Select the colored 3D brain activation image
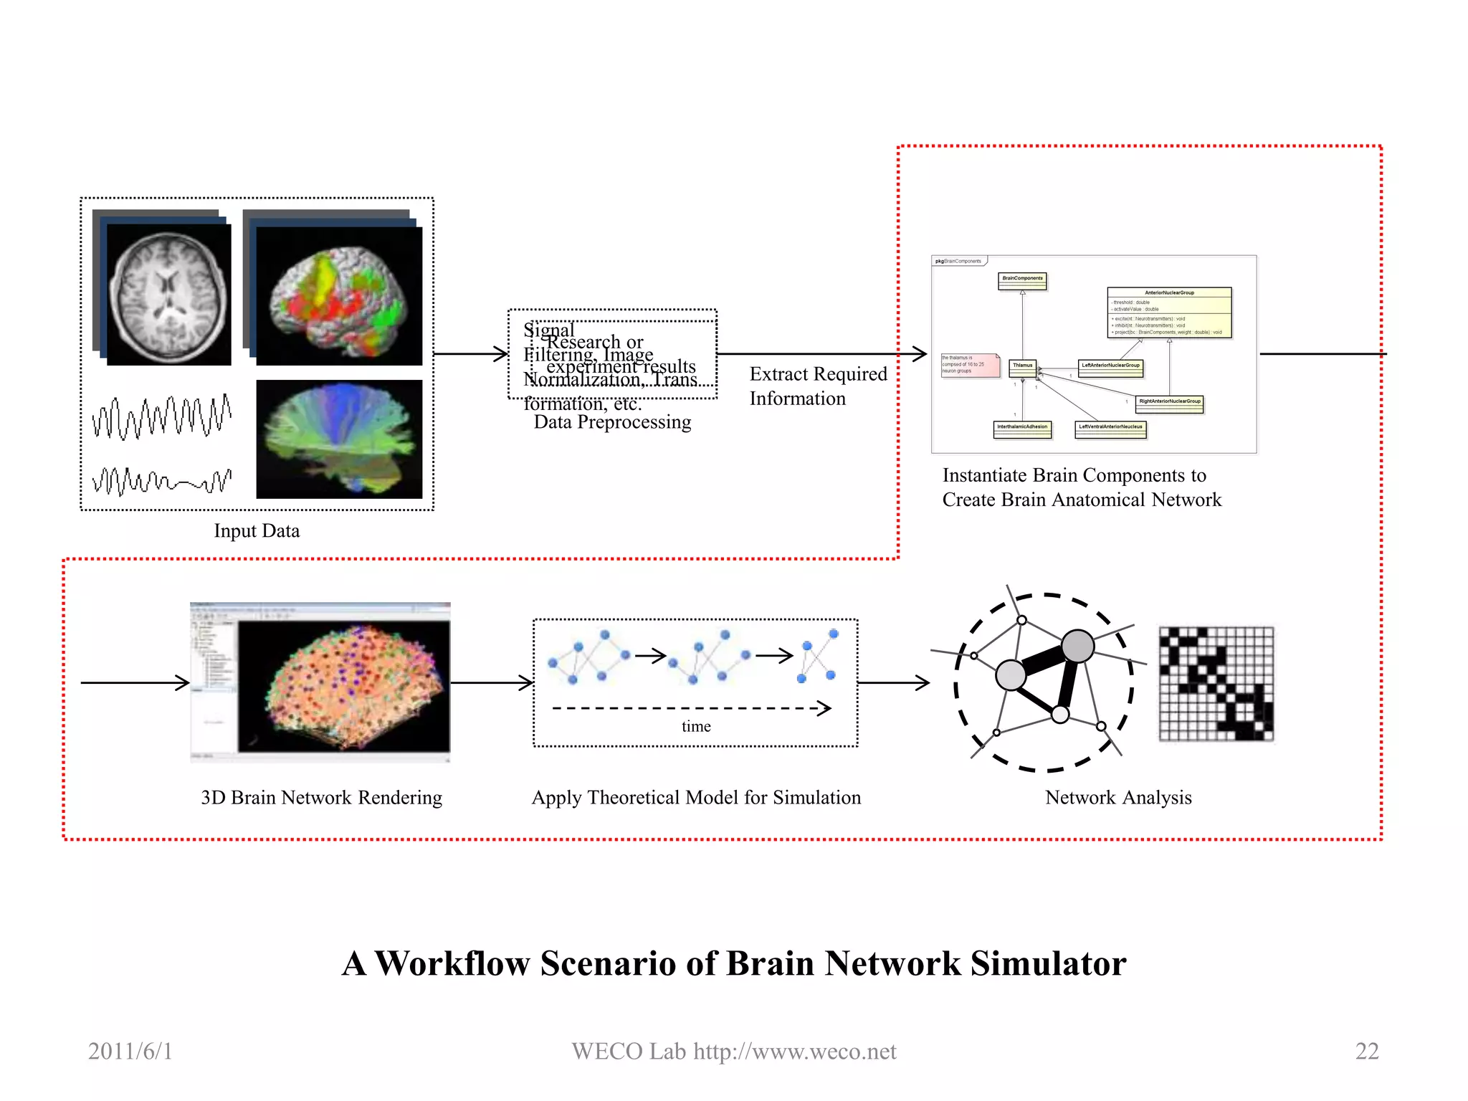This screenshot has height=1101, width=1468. click(338, 295)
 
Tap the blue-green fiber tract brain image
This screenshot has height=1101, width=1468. click(338, 439)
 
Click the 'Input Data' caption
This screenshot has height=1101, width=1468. click(257, 530)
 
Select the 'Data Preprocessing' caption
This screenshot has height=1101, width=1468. click(612, 422)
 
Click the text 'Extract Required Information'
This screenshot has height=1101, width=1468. click(817, 386)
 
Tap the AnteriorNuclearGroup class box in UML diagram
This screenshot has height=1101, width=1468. click(1169, 312)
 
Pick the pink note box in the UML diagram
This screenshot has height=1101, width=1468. click(970, 364)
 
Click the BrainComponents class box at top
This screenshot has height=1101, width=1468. click(1022, 280)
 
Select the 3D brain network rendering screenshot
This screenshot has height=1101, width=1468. click(320, 682)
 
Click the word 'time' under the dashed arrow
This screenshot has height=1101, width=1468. click(696, 726)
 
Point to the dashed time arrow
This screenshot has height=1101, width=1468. click(691, 708)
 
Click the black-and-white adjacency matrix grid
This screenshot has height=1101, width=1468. click(1216, 683)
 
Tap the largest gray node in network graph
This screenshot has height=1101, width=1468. click(1077, 646)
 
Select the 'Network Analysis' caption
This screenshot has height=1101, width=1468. click(1118, 797)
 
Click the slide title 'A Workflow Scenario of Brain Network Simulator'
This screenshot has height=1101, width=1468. click(734, 963)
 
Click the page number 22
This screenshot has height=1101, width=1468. click(1367, 1051)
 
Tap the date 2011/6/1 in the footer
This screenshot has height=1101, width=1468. click(130, 1051)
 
